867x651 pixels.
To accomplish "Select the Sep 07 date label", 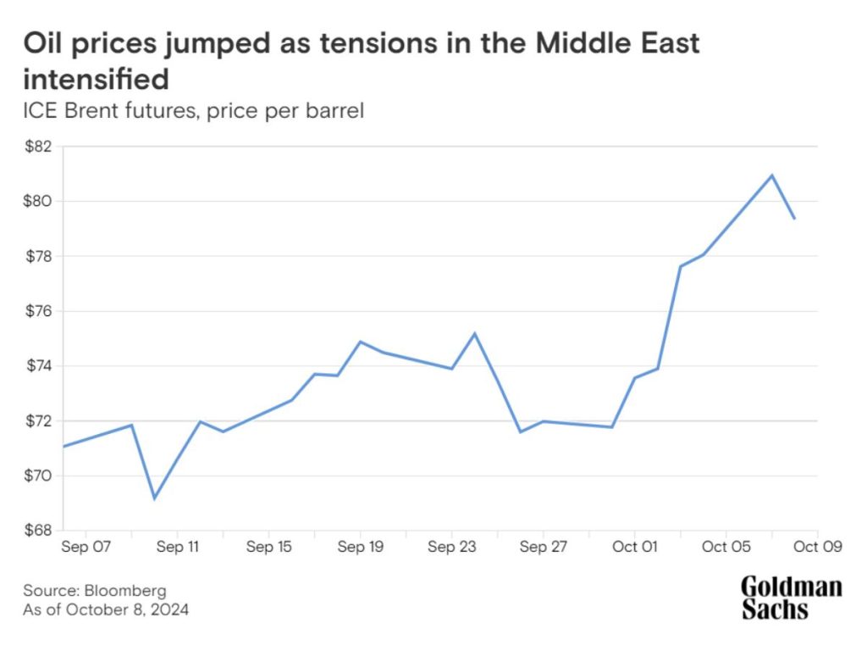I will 86,548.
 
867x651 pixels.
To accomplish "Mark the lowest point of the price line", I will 154,498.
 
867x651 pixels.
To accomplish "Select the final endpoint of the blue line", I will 794,219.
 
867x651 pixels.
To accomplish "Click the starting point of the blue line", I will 64,446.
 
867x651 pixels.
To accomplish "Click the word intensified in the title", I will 96,80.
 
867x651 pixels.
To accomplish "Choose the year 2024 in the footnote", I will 172,609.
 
